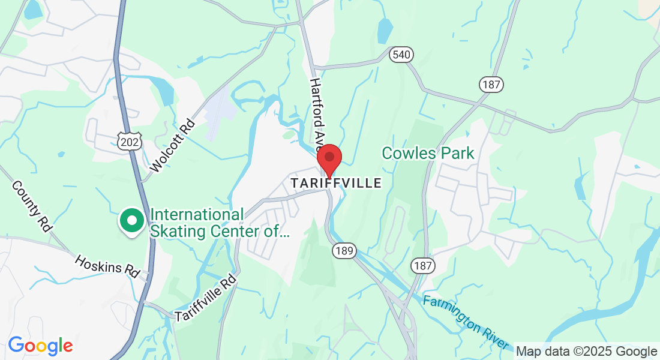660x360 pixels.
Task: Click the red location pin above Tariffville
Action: tap(329, 159)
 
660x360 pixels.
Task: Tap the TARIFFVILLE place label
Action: tap(336, 183)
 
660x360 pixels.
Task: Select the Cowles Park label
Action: tap(428, 153)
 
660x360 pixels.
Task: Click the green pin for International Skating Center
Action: tap(131, 220)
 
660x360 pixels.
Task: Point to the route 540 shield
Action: tap(401, 55)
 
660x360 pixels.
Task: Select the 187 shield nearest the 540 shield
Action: tap(491, 85)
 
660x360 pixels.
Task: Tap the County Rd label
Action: tap(31, 206)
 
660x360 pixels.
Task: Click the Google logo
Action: tap(40, 346)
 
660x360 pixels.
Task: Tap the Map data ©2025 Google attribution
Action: tap(586, 352)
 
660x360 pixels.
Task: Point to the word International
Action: tap(197, 215)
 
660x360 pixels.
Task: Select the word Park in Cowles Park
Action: tap(455, 153)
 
